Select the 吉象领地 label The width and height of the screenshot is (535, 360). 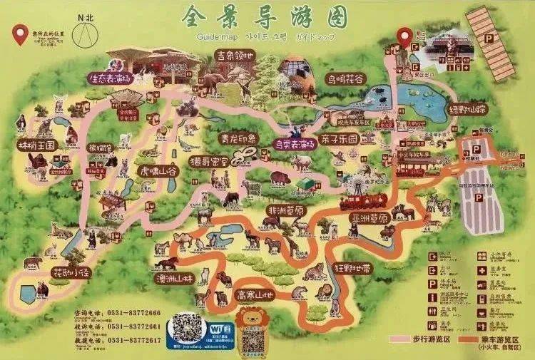click(235, 55)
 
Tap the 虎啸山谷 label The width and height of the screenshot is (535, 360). click(158, 172)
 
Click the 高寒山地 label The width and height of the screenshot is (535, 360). click(255, 294)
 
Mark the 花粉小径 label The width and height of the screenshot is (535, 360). click(71, 272)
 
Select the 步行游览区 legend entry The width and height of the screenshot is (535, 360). click(428, 340)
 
